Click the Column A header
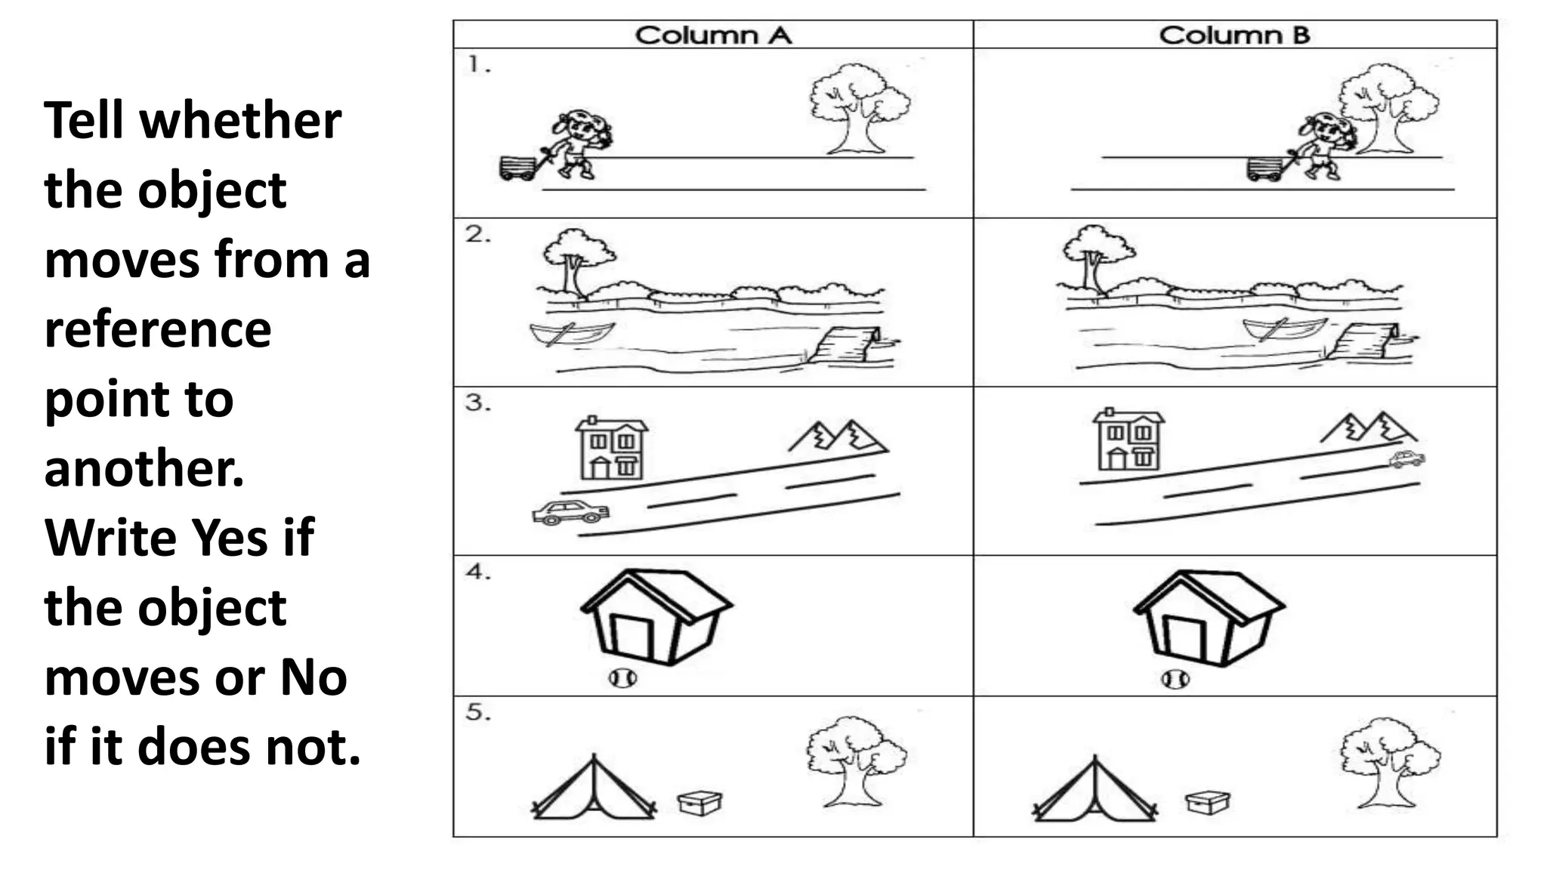pos(713,35)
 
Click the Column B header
pos(1234,35)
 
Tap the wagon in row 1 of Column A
pos(517,168)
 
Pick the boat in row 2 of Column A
pos(572,332)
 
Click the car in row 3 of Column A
pos(570,512)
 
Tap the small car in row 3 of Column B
pos(1407,458)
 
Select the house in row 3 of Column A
pos(611,448)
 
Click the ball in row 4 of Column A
pos(622,678)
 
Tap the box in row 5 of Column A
pos(699,802)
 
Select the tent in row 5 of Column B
pos(1094,790)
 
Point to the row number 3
pos(477,403)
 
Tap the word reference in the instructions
pos(158,329)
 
